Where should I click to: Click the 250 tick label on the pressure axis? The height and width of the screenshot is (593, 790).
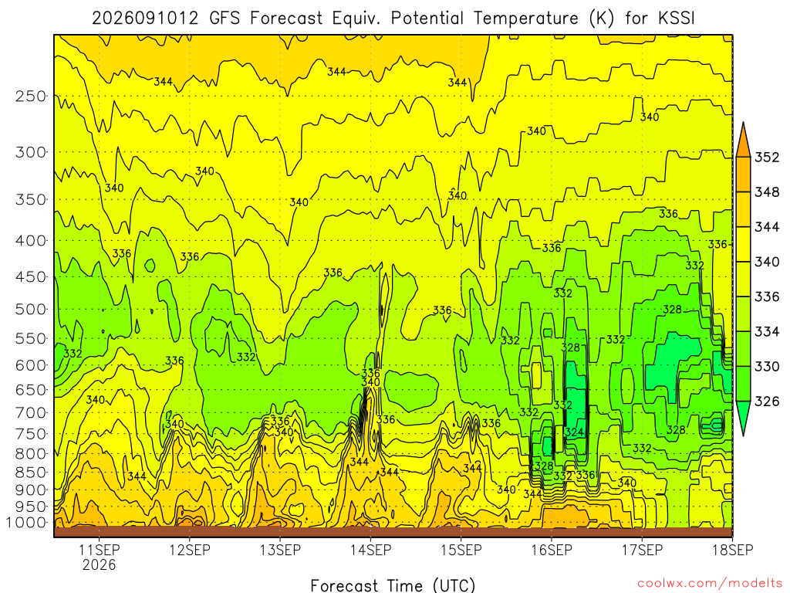pos(31,96)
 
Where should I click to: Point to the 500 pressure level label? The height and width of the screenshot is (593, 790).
pos(31,309)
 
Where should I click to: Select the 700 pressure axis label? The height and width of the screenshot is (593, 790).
pos(31,412)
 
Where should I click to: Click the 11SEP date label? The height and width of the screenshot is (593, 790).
pos(100,550)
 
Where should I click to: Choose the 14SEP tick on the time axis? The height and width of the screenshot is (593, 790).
pos(371,550)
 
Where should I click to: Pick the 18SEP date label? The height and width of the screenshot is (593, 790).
pos(733,550)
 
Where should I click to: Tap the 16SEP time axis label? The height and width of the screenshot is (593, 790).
pos(552,550)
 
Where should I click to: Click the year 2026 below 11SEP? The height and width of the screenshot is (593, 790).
pos(100,564)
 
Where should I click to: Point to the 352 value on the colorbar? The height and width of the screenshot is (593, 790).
pos(767,158)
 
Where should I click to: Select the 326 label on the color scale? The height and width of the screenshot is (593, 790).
pos(767,402)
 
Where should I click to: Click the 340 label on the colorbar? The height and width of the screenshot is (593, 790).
pos(767,262)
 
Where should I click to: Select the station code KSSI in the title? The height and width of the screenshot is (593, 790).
pos(677,19)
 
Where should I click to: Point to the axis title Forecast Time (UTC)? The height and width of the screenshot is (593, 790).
pos(393,585)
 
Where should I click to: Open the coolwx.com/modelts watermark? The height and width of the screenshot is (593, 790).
pos(710,584)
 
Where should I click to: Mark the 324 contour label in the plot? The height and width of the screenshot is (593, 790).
pos(574,432)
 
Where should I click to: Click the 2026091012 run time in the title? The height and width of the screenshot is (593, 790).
pos(145,19)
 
